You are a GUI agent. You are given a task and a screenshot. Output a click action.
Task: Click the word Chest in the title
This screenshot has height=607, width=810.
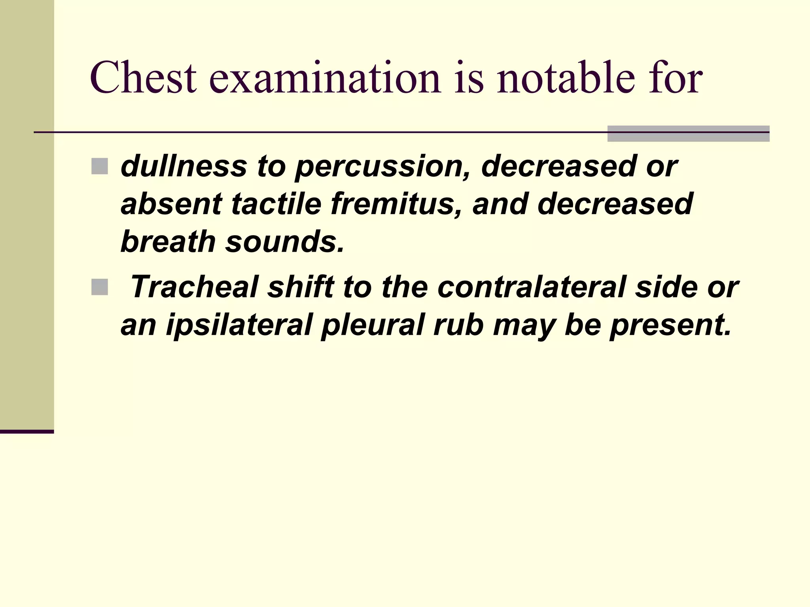pos(143,78)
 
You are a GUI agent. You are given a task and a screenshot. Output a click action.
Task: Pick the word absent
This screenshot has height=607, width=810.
pos(171,204)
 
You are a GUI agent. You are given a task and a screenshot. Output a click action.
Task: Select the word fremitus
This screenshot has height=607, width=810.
pos(396,204)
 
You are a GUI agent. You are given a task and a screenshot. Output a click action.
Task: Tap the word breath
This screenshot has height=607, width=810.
pos(168,241)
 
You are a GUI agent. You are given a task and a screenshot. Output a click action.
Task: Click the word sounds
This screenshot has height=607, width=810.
pos(285,241)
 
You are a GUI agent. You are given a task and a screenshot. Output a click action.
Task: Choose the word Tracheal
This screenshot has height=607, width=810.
pos(194,287)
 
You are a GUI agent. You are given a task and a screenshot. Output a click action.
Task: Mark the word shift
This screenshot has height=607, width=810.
pos(301,287)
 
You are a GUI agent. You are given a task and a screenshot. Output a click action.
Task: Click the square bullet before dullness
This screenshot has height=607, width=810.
pos(99,166)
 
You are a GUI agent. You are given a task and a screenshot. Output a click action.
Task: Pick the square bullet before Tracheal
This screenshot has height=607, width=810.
pos(99,287)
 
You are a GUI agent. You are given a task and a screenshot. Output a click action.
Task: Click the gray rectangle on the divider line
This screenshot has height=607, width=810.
pos(688,134)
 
